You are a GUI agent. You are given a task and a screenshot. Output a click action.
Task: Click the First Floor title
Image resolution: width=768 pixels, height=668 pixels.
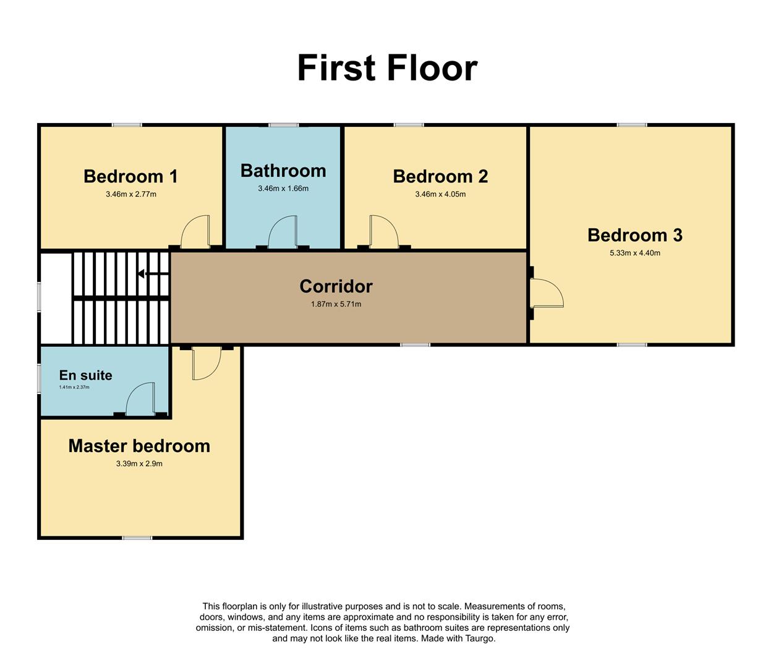[x=387, y=68]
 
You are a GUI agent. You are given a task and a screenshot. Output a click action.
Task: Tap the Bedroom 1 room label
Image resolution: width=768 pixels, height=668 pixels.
[x=130, y=176]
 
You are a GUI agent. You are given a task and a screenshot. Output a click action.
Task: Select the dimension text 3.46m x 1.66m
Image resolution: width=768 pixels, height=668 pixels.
[x=283, y=188]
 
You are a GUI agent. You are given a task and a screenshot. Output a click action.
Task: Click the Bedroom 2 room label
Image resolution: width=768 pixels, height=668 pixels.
[x=440, y=176]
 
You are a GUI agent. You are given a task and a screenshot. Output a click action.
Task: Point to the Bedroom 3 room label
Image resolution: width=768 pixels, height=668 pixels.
[x=634, y=235]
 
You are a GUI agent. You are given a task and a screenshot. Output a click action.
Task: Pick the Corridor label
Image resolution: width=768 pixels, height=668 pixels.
[x=336, y=286]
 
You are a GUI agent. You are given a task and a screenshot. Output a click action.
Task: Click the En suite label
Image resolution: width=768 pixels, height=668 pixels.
[x=85, y=375]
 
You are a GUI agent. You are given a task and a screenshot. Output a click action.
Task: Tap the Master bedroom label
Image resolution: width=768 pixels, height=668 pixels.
[x=139, y=446]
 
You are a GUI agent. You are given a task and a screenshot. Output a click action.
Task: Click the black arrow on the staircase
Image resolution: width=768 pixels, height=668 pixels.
[x=143, y=273]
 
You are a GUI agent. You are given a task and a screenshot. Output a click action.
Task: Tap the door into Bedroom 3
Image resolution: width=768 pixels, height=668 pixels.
[x=546, y=293]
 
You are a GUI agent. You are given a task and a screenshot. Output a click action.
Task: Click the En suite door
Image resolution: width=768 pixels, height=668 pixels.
[x=140, y=400]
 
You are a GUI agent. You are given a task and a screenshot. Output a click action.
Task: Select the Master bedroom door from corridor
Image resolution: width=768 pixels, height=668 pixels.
[x=206, y=363]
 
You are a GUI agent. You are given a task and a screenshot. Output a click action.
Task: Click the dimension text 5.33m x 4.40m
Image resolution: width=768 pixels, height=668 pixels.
[x=634, y=253]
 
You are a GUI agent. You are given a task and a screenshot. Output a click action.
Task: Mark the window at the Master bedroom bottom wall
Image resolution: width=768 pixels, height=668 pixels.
[x=137, y=537]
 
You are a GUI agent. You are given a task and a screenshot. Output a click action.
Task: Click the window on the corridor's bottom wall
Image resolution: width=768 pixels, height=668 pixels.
[x=415, y=345]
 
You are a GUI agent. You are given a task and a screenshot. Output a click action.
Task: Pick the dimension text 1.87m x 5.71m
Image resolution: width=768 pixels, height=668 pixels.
[x=336, y=304]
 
